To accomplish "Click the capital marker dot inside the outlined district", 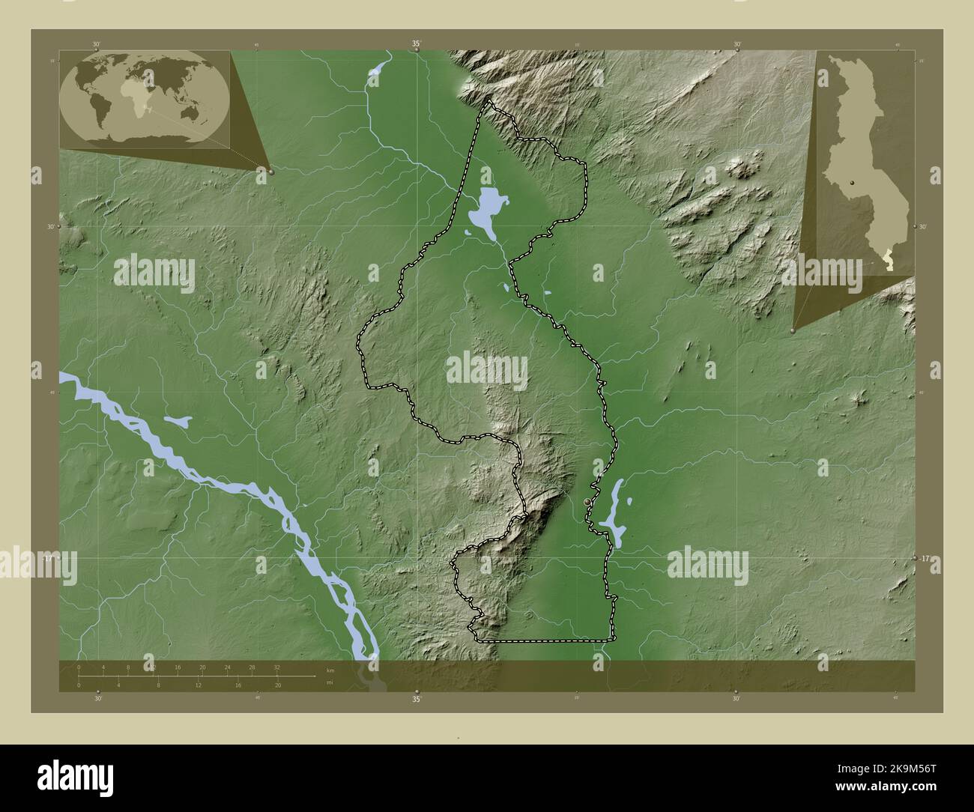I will coord(586,500).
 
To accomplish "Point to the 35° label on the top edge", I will coord(417,44).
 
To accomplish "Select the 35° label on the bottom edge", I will coord(417,699).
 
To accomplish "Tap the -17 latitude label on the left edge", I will coord(48,559).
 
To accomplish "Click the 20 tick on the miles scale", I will coord(278,685).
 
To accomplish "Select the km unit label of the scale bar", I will coord(330,670).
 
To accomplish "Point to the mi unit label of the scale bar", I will coord(330,683).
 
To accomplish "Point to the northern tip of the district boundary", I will coord(491,98).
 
